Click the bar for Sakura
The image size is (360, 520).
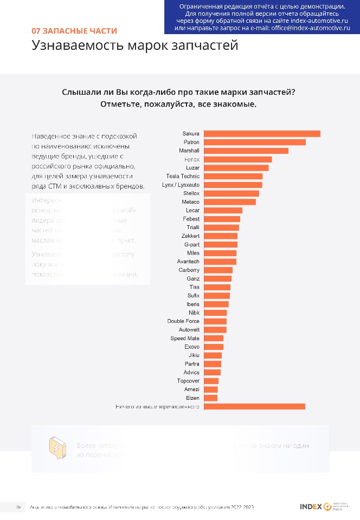pyautogui.click(x=261, y=134)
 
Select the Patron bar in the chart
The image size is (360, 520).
pyautogui.click(x=254, y=142)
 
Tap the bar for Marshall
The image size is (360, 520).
pyautogui.click(x=246, y=151)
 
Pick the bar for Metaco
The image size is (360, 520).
pyautogui.click(x=229, y=202)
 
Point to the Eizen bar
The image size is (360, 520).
pyautogui.click(x=210, y=398)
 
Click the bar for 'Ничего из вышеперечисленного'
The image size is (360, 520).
pyautogui.click(x=254, y=407)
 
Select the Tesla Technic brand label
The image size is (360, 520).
pyautogui.click(x=183, y=177)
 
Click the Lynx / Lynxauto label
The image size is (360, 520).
pyautogui.click(x=181, y=185)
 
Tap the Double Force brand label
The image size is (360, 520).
pyautogui.click(x=183, y=321)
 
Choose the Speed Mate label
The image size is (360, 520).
pyautogui.click(x=185, y=339)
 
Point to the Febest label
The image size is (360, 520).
pyautogui.click(x=191, y=219)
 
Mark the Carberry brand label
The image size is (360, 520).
pyautogui.click(x=189, y=270)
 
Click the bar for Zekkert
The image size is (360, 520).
pyautogui.click(x=220, y=236)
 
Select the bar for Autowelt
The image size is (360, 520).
pyautogui.click(x=215, y=330)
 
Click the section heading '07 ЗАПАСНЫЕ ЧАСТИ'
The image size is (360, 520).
pyautogui.click(x=74, y=31)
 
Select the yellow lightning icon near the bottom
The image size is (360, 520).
pyautogui.click(x=56, y=448)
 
